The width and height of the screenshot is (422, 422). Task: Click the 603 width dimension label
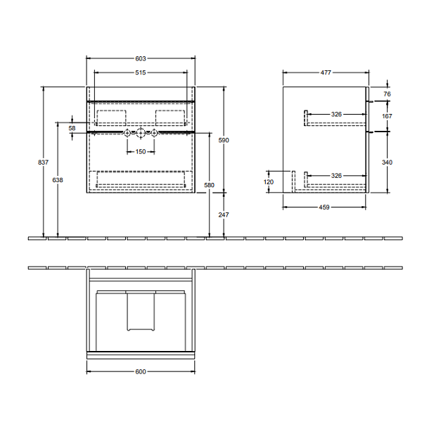141,58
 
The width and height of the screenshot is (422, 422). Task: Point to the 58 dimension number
72,129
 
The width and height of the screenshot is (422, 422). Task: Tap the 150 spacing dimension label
141,151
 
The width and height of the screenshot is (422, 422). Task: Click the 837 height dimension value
43,163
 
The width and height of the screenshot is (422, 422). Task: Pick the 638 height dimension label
58,181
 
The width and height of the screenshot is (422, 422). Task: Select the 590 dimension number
224,141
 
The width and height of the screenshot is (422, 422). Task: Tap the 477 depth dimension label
326,72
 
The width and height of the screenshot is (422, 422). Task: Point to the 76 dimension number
387,94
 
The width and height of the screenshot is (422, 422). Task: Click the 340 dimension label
387,162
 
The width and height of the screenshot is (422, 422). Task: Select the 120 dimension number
269,181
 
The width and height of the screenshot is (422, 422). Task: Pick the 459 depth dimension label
324,207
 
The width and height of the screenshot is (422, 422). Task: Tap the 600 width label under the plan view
141,371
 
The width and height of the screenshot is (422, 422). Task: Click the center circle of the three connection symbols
141,132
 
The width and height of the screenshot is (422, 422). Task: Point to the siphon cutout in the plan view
141,312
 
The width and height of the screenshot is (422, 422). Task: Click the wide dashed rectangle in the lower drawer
141,178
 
